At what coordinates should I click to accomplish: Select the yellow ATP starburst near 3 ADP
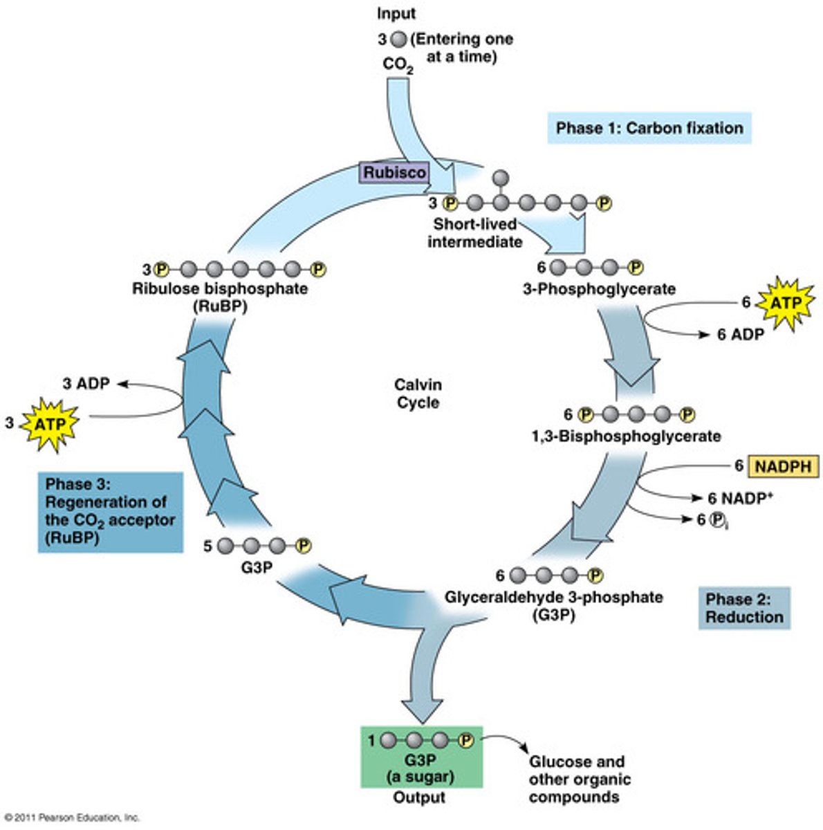click(50, 423)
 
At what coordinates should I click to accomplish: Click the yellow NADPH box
click(782, 467)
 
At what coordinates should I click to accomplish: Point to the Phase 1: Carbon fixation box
click(649, 128)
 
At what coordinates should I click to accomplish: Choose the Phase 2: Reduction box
click(743, 608)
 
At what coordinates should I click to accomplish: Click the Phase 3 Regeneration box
click(110, 511)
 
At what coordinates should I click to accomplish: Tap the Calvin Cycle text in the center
click(418, 393)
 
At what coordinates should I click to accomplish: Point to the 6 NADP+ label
click(739, 498)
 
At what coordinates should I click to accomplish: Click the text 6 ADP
click(740, 334)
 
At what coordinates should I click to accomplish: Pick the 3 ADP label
click(86, 383)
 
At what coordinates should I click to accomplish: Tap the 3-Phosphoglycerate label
click(598, 288)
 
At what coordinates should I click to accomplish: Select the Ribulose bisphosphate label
click(220, 288)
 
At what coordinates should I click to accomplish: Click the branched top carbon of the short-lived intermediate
click(501, 176)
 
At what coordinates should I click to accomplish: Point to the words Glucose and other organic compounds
click(579, 780)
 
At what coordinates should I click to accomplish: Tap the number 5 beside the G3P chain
click(207, 546)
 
